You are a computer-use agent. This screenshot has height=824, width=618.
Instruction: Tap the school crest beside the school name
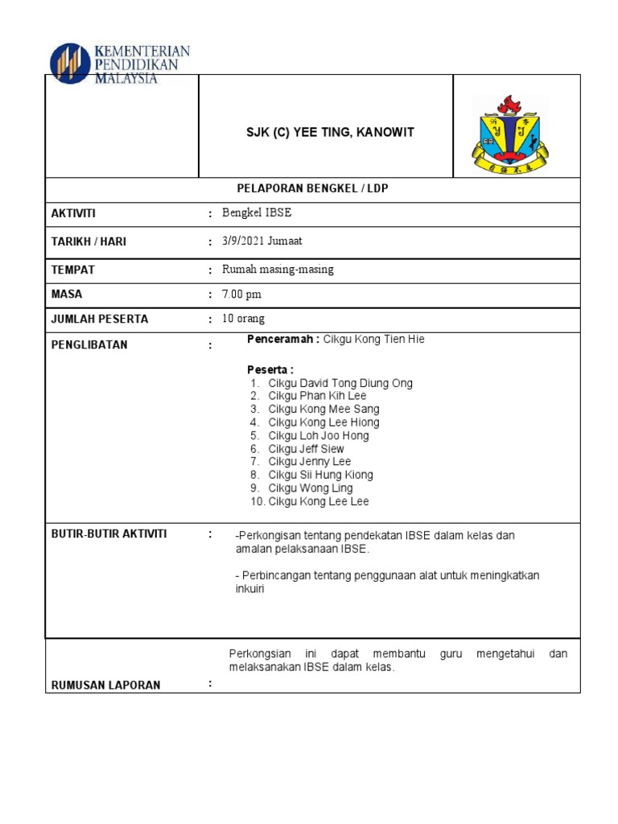509,134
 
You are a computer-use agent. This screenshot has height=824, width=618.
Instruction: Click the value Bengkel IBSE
252,213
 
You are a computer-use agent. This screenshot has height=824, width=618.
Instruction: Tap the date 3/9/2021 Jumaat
262,241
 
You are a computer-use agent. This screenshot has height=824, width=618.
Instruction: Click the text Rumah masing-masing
278,270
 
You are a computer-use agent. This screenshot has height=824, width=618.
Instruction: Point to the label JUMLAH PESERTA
99,319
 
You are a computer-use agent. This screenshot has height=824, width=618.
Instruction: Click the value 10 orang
243,319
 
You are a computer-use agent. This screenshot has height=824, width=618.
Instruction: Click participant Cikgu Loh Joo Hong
319,435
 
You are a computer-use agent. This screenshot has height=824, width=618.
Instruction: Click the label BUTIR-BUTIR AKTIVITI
109,534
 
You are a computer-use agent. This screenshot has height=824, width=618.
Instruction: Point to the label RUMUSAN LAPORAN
105,685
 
